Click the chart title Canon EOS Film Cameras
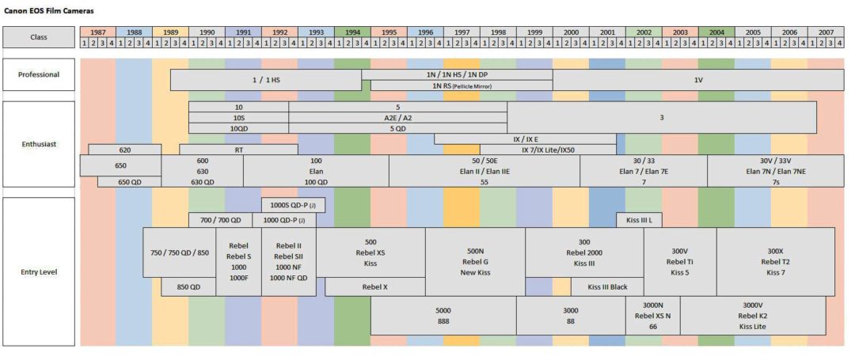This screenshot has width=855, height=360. pyautogui.click(x=43, y=10)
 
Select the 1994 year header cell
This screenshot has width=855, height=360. pyautogui.click(x=352, y=32)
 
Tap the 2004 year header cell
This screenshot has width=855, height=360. pyautogui.click(x=716, y=32)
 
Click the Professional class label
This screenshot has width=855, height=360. pyautogui.click(x=39, y=74)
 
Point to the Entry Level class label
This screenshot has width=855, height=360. pyautogui.click(x=39, y=271)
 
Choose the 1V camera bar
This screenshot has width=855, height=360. pyautogui.click(x=698, y=79)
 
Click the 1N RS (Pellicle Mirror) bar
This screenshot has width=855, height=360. pyautogui.click(x=462, y=85)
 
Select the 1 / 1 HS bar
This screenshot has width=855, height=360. pyautogui.click(x=266, y=79)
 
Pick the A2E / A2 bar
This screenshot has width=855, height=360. pyautogui.click(x=398, y=118)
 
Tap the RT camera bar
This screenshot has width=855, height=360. pyautogui.click(x=239, y=150)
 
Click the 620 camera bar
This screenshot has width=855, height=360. pyautogui.click(x=125, y=150)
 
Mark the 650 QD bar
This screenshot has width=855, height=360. pyautogui.click(x=129, y=182)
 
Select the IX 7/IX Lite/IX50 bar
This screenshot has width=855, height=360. pyautogui.click(x=548, y=150)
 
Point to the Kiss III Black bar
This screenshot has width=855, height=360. pyautogui.click(x=607, y=286)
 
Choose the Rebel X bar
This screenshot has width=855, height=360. pyautogui.click(x=375, y=286)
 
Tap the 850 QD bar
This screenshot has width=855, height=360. pyautogui.click(x=188, y=286)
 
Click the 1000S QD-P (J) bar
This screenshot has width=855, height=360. pyautogui.click(x=294, y=206)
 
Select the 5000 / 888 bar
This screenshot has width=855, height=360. pyautogui.click(x=443, y=316)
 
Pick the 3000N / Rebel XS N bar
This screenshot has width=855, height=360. pyautogui.click(x=652, y=316)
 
